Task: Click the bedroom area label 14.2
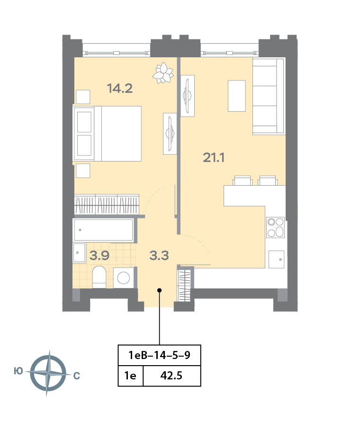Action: coord(120,89)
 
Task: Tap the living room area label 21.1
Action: coord(214,157)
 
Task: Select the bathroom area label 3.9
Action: coord(99,255)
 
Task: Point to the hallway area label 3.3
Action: coord(159,255)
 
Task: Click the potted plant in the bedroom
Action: coord(163,73)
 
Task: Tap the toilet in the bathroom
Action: coord(99,277)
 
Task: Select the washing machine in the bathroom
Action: coord(124,278)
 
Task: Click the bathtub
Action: coord(103,230)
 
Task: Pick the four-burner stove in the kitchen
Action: coord(276,227)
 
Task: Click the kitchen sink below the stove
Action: coord(277,259)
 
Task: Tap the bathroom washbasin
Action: coord(79,253)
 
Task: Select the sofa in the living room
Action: coord(268,96)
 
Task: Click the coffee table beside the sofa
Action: coord(237,96)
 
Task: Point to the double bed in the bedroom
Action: coord(107,134)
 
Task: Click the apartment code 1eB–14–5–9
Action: coord(160,355)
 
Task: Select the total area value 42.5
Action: coord(171,376)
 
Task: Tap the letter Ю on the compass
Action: coord(18,371)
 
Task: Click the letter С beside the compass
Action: coord(77,376)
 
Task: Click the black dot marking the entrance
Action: coord(160,290)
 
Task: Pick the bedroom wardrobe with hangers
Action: coord(107,204)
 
